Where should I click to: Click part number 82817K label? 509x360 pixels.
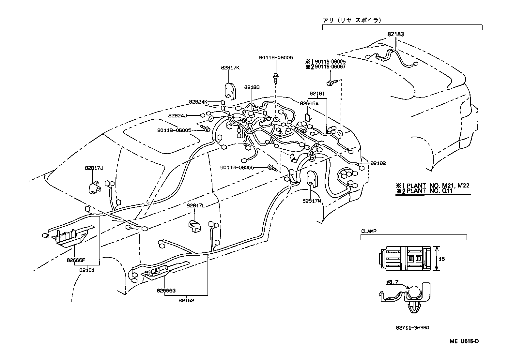click(x=230, y=68)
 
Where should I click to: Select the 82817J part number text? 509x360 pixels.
click(x=94, y=168)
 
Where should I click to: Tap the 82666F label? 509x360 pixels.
click(x=76, y=260)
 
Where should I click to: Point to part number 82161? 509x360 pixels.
click(x=86, y=270)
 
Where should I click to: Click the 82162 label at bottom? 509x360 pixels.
click(x=186, y=301)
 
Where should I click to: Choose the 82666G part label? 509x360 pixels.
click(x=166, y=291)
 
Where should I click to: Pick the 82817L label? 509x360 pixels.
click(x=195, y=205)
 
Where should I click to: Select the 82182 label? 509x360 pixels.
click(x=378, y=163)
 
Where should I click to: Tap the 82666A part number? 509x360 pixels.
click(x=309, y=103)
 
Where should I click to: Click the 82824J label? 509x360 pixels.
click(x=177, y=115)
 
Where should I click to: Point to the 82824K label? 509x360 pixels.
click(x=198, y=102)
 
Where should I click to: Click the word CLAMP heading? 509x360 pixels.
click(x=369, y=231)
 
